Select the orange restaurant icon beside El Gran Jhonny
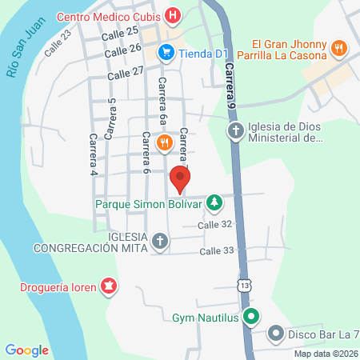coord(340,48)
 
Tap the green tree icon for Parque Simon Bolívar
coord(214,202)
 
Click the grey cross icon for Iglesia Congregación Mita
coord(160,240)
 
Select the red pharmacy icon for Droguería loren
coord(108,286)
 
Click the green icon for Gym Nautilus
coord(250,318)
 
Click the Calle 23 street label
coord(58,42)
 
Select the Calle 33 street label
coord(217,250)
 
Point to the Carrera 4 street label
coord(94,153)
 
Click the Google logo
coord(27,350)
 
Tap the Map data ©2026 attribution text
coord(325,354)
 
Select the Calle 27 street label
coord(127,71)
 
